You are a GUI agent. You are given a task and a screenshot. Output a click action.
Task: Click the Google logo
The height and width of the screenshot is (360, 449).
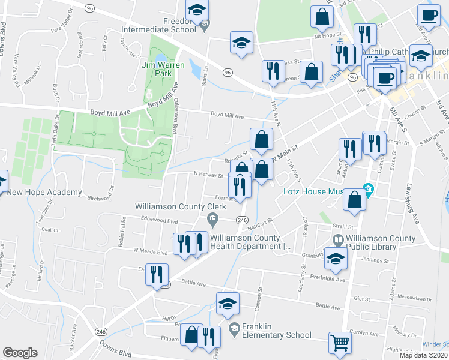pyautogui.click(x=20, y=353)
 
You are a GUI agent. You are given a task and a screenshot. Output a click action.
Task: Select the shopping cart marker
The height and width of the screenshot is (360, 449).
pyautogui.click(x=339, y=343)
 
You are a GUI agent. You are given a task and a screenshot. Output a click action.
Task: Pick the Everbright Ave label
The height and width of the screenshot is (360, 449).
pyautogui.click(x=328, y=280)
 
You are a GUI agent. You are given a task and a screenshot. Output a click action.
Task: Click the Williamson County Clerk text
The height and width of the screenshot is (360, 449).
pyautogui.click(x=180, y=206)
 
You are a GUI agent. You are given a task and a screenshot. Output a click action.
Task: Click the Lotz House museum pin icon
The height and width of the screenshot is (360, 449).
pyautogui.click(x=369, y=190)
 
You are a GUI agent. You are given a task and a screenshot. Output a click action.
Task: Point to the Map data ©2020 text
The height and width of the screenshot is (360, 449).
pyautogui.click(x=423, y=355)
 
